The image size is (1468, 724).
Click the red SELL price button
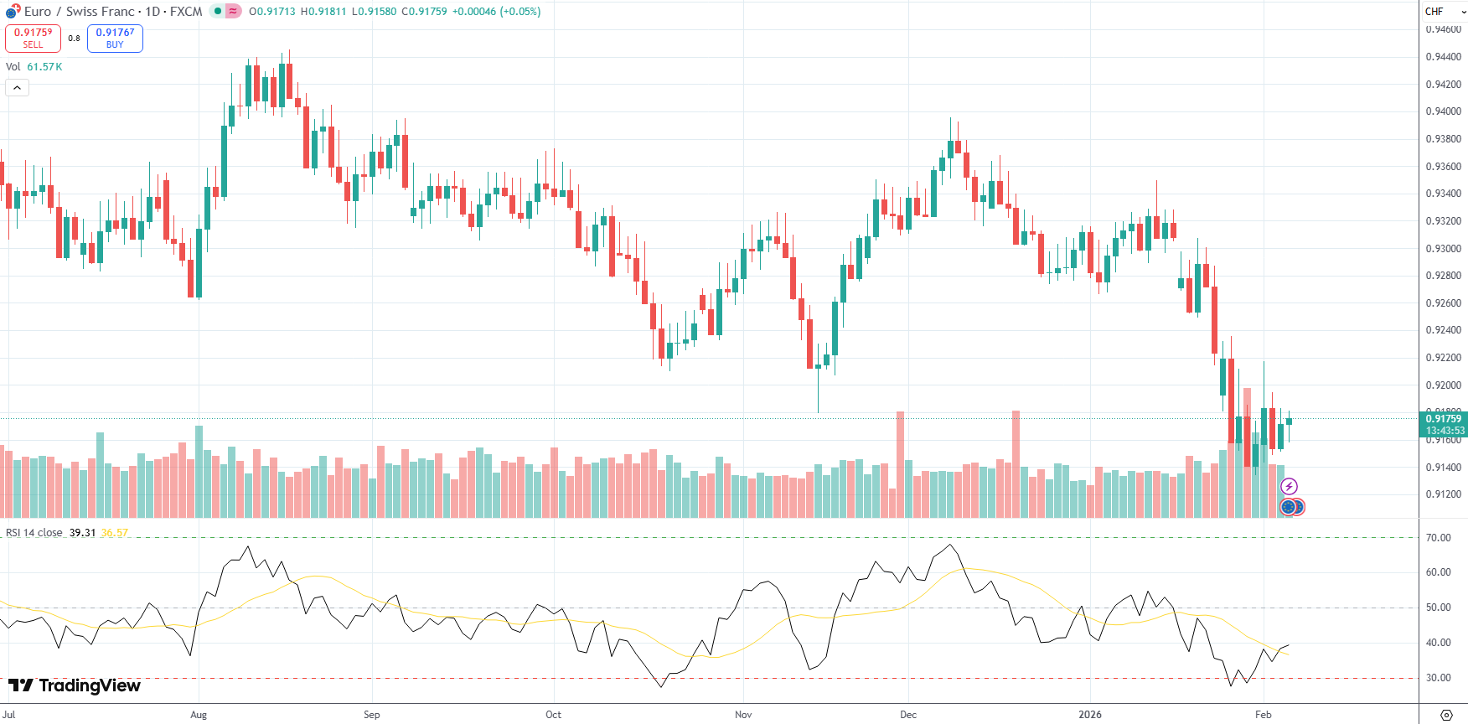pyautogui.click(x=33, y=39)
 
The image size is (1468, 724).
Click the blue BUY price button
pyautogui.click(x=115, y=39)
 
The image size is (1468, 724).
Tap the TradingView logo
pyautogui.click(x=75, y=685)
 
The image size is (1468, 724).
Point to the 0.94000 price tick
pyautogui.click(x=1443, y=111)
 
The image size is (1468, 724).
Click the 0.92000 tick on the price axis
pyautogui.click(x=1443, y=385)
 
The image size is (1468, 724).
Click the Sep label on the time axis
pyautogui.click(x=372, y=715)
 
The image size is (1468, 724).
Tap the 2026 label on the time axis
pyautogui.click(x=1090, y=715)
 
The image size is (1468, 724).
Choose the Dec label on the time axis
pyautogui.click(x=908, y=715)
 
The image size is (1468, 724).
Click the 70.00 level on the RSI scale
pyautogui.click(x=1438, y=538)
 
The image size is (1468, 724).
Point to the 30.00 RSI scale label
pyautogui.click(x=1438, y=678)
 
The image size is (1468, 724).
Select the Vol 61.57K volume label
pyautogui.click(x=34, y=67)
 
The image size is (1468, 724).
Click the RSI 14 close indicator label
pyautogui.click(x=34, y=533)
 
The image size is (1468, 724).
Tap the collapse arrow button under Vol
pyautogui.click(x=17, y=87)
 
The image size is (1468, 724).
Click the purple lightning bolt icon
pyautogui.click(x=1289, y=487)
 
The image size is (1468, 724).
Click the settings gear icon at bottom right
pyautogui.click(x=1445, y=715)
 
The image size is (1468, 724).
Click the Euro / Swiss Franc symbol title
pyautogui.click(x=80, y=12)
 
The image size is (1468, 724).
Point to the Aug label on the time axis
pyautogui.click(x=199, y=715)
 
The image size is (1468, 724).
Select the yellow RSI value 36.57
pyautogui.click(x=114, y=533)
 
